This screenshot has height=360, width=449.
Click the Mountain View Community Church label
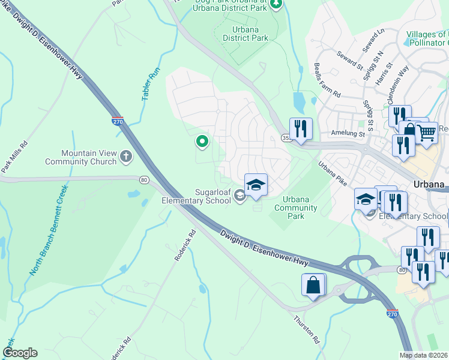click(88, 157)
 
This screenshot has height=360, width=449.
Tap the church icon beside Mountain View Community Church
click(125, 157)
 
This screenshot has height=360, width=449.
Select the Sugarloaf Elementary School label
click(196, 196)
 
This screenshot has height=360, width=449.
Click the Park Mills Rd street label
click(15, 157)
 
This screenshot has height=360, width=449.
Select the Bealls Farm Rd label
click(327, 82)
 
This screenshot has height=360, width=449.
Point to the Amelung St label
click(347, 134)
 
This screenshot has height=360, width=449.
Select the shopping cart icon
click(426, 131)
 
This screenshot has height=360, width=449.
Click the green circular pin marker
click(202, 142)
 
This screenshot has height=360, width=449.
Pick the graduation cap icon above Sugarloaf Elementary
click(256, 184)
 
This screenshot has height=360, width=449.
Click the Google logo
click(20, 353)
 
